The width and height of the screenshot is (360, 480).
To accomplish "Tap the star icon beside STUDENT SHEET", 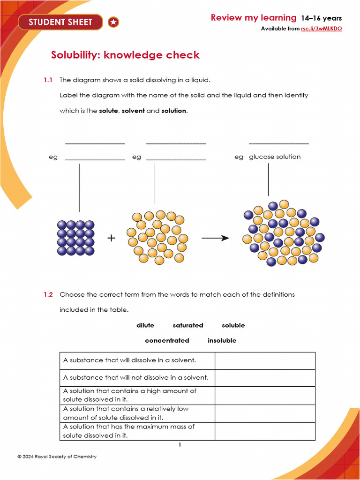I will tap(113, 22).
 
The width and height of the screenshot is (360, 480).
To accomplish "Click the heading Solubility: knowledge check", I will tap(125, 55).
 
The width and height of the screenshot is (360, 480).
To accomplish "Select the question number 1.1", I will tap(48, 80).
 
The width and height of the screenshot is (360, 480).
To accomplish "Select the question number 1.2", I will tap(48, 295).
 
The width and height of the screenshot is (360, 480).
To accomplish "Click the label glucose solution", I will tap(275, 157).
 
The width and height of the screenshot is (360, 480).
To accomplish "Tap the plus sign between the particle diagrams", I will tap(111, 238).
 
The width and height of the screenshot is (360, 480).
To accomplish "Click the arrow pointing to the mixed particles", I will tap(215, 238).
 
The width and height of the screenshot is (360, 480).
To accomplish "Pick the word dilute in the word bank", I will tap(145, 325).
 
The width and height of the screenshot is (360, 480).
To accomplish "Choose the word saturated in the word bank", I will tap(188, 325).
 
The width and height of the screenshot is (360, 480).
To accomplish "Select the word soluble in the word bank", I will tap(233, 325).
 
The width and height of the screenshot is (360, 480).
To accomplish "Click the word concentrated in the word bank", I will tap(167, 341).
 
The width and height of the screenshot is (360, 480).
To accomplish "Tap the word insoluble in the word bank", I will tap(222, 341).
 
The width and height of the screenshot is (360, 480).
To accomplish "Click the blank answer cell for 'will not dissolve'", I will tap(265, 378).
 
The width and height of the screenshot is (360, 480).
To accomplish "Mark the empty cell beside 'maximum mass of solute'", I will tap(265, 431).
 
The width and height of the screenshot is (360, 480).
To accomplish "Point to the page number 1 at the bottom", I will tap(180, 445).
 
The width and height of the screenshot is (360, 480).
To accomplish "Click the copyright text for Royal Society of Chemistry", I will tap(57, 457).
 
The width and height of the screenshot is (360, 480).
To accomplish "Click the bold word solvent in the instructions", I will tap(133, 111).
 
